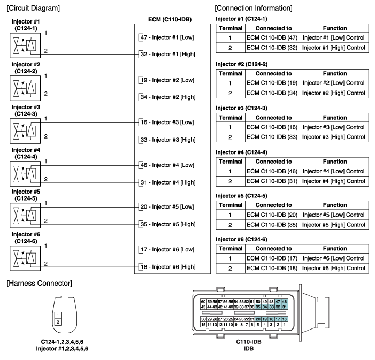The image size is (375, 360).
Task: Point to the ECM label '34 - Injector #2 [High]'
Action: [166, 97]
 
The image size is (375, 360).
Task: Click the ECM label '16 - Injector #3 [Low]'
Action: [165, 122]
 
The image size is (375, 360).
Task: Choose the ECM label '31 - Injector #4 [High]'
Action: [166, 182]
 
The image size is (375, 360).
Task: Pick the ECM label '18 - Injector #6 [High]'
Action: [166, 266]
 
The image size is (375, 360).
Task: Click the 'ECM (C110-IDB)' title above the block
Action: [170, 20]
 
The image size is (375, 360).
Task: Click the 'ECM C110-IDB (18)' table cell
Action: [272, 267]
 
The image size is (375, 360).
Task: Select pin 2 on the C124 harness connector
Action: [58, 322]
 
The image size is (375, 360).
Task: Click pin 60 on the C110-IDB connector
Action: [203, 301]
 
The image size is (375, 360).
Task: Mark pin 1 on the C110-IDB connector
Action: [285, 324]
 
